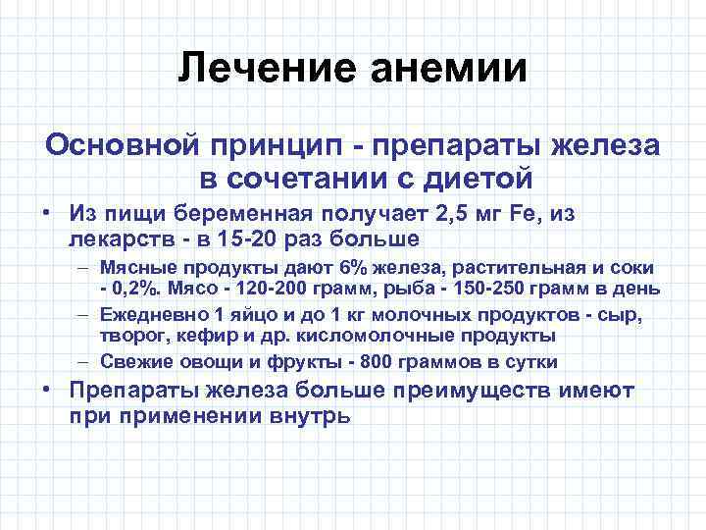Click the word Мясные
click(x=138, y=269)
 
